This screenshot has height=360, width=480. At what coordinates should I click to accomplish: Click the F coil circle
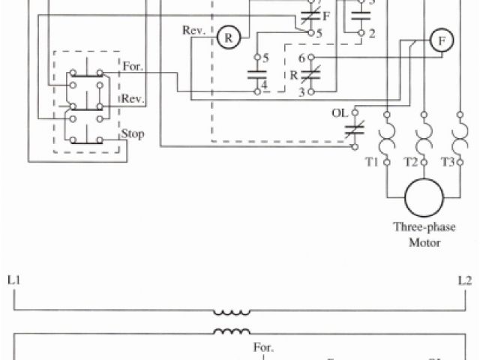click(x=442, y=42)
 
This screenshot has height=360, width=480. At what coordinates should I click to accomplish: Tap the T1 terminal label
click(x=370, y=163)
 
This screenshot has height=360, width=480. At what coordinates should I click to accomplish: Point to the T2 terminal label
click(x=409, y=163)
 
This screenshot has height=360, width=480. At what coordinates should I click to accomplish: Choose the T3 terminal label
click(x=447, y=163)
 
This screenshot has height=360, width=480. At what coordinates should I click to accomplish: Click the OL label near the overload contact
click(x=340, y=113)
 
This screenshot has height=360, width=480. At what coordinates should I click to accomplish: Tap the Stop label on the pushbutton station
click(x=133, y=135)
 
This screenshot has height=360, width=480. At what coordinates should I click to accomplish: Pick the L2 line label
click(x=464, y=282)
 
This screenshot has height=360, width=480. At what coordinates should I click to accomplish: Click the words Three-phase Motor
click(x=424, y=234)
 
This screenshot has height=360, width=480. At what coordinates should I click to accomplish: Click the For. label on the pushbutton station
click(x=133, y=67)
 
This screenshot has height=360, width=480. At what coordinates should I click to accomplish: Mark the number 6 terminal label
click(x=301, y=58)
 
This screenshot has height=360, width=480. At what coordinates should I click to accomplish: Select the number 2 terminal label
click(x=372, y=33)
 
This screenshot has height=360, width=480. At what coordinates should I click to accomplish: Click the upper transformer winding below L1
click(x=232, y=311)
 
